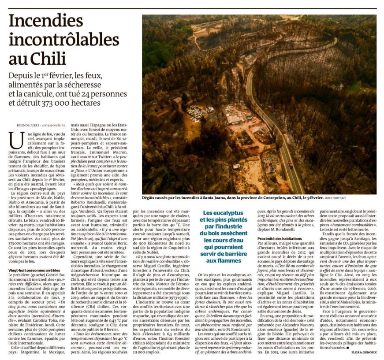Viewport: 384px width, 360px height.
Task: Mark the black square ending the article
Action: point(347,348)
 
